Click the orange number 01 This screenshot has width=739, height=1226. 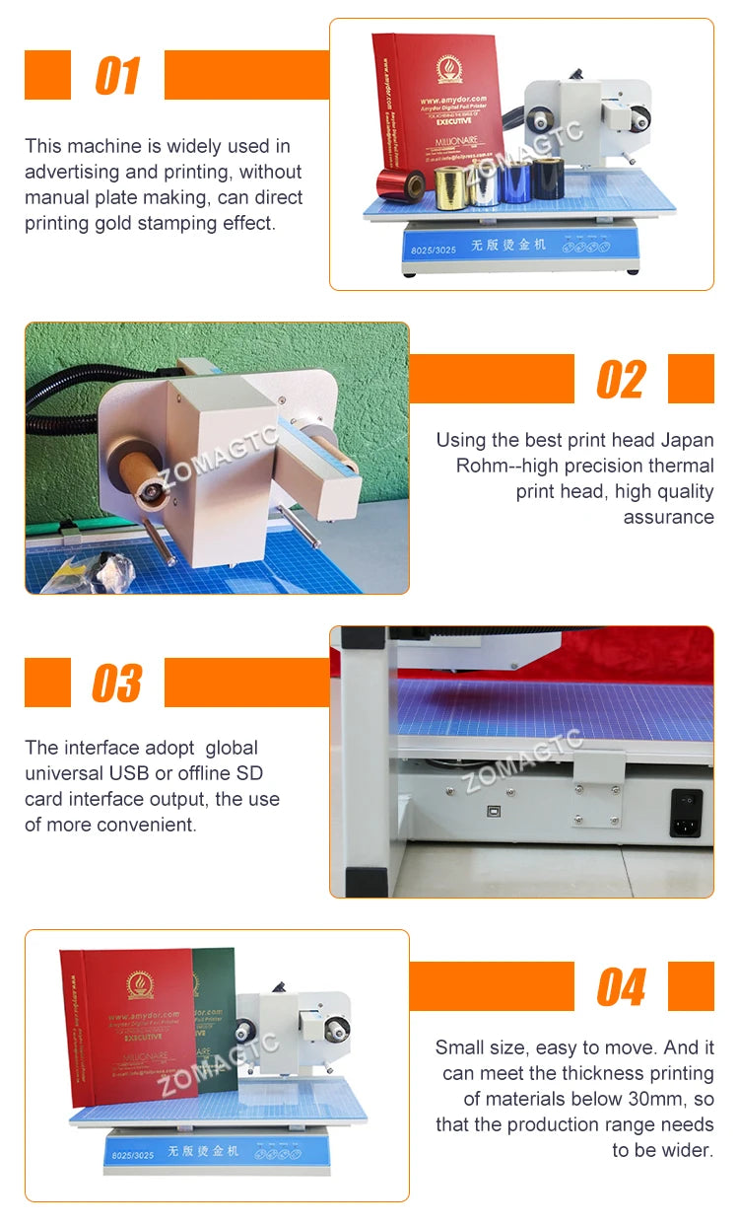[x=117, y=76]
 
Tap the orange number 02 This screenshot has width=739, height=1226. [x=621, y=380]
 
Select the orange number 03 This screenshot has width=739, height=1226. [x=117, y=684]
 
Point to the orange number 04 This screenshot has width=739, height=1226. [x=621, y=987]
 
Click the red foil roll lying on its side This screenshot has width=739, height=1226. [x=402, y=184]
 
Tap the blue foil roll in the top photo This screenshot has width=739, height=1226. [x=514, y=184]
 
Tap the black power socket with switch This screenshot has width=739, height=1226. [x=686, y=813]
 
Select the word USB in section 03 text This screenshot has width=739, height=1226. [x=140, y=773]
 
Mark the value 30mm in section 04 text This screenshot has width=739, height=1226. [x=655, y=1099]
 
